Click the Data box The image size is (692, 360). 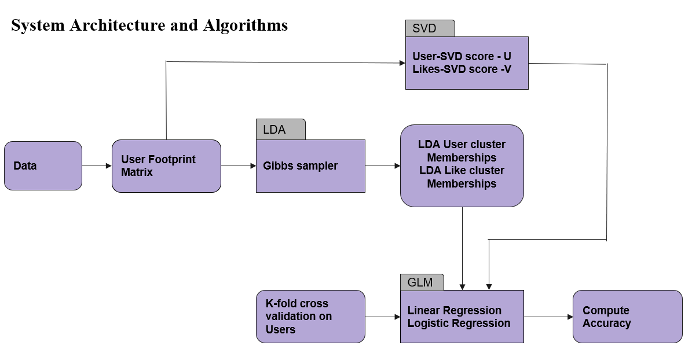click(x=43, y=166)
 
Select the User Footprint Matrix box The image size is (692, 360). click(x=166, y=166)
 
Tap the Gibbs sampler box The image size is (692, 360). click(x=311, y=166)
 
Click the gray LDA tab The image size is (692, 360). click(x=281, y=129)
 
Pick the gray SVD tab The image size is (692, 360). click(x=430, y=28)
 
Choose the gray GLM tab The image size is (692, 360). click(x=422, y=282)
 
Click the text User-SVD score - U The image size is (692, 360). click(x=462, y=57)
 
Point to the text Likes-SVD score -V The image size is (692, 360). click(x=462, y=69)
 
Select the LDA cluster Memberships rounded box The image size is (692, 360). click(x=462, y=166)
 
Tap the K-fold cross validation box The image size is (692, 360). click(x=311, y=317)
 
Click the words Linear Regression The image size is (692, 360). click(x=454, y=310)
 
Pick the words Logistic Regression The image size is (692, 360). click(x=459, y=323)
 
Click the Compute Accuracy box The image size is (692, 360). click(x=628, y=317)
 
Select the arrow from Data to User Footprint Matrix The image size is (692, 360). click(x=97, y=166)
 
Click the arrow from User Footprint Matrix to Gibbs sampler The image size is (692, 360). click(x=239, y=166)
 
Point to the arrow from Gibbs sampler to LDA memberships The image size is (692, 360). click(x=383, y=166)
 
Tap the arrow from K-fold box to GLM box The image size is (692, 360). click(x=383, y=317)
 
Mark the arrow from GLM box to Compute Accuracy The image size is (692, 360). click(x=548, y=317)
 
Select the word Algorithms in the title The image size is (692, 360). click(x=246, y=25)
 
